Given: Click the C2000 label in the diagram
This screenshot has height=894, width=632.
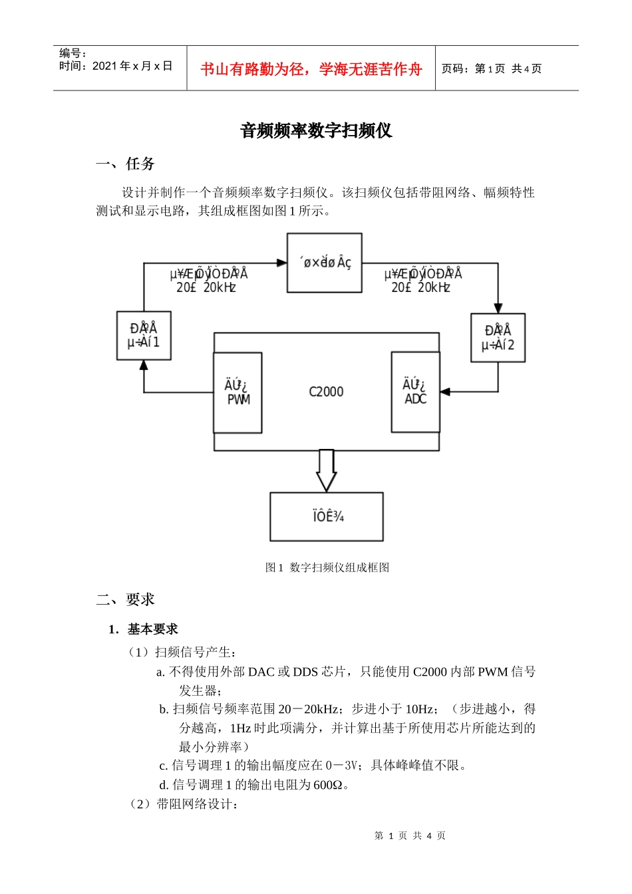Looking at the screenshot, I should coord(326,392).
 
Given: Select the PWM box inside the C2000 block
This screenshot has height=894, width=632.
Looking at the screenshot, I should coord(237,392).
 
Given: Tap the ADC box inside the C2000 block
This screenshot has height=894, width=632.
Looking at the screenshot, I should coord(415,392).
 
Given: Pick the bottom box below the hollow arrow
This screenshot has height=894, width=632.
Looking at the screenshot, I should coord(326,516).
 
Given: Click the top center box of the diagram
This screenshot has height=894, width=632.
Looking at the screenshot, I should coord(325,263).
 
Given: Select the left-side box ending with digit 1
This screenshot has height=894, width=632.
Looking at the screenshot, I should coord(144,335).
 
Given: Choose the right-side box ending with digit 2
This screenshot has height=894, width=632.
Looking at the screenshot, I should coord(498,338).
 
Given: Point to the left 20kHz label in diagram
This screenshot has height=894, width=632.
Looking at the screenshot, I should coord(206,287).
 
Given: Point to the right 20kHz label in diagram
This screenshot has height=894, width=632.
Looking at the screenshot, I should coord(420,287).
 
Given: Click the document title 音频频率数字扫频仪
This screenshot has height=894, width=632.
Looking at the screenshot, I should coord(316,130).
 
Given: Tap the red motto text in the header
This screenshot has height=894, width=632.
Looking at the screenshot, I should coord(311,69).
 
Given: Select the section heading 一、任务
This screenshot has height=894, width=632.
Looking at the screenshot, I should coord(125,164).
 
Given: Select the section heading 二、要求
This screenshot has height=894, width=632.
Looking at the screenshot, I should coord(125,599).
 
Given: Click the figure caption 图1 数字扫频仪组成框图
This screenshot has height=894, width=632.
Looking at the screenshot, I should coord(327,567).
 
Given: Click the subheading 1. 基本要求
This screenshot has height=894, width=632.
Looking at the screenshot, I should coord(144,629).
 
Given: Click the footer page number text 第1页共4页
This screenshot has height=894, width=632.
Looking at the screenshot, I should coord(410,835).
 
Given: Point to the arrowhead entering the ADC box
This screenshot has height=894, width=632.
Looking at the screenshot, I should coord(444,392).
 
